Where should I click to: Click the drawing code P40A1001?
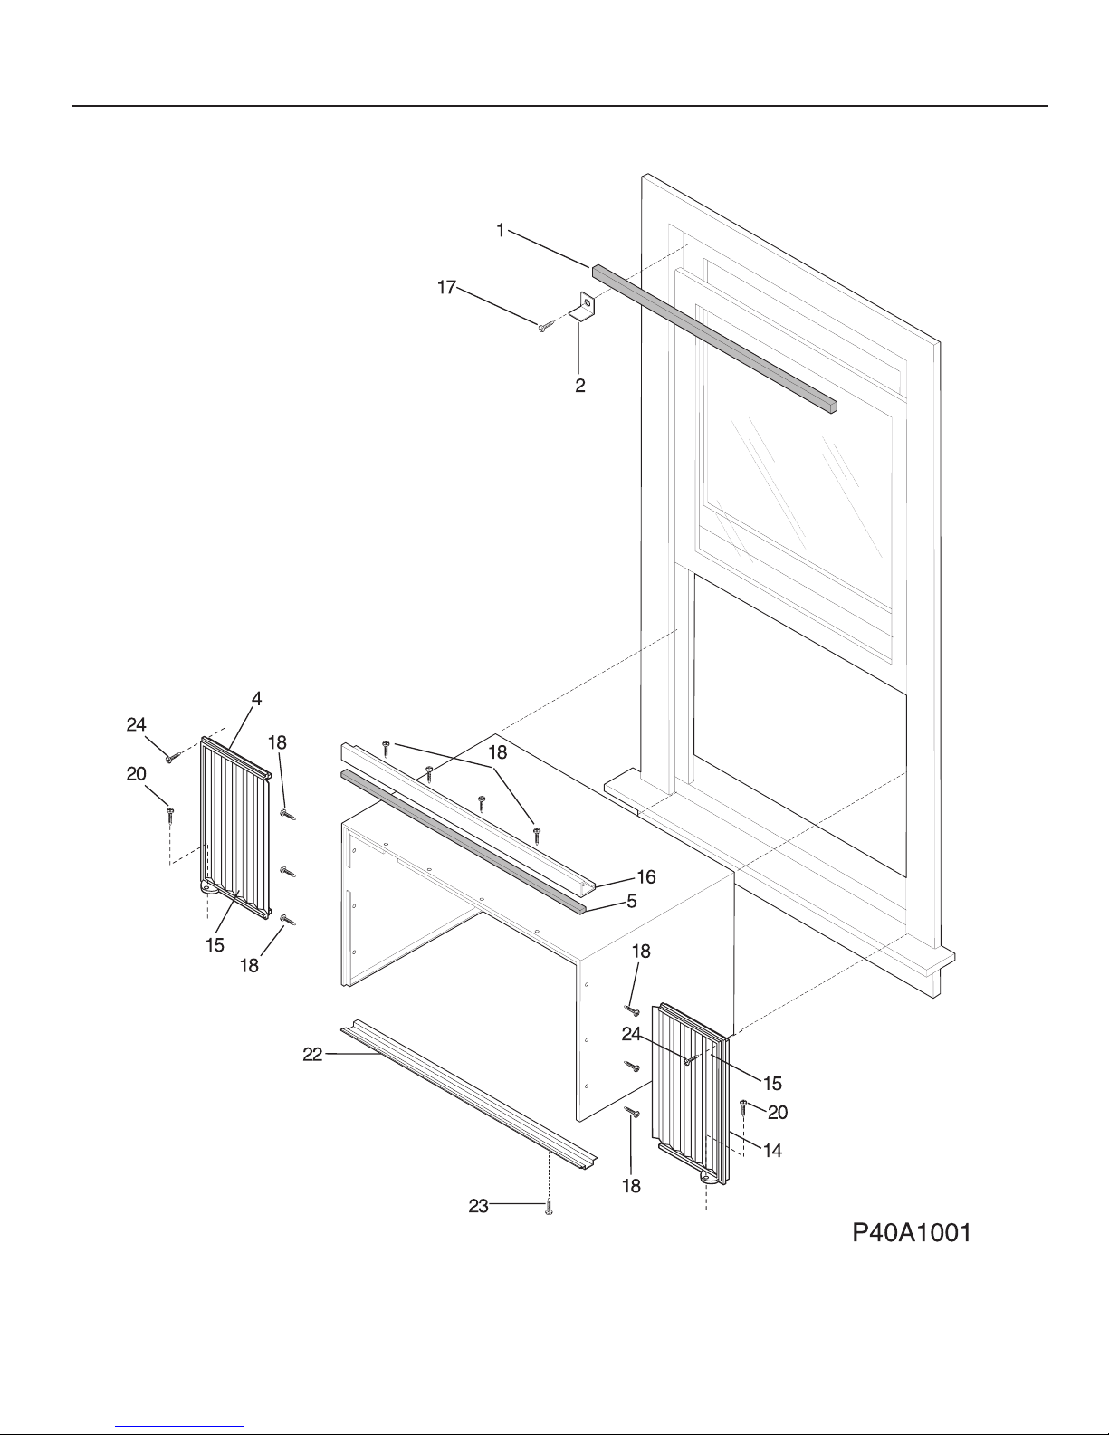[x=912, y=1233]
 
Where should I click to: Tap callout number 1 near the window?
[x=501, y=231]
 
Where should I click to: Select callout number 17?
[x=447, y=287]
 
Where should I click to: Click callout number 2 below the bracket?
[x=579, y=386]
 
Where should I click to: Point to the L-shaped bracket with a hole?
[x=584, y=307]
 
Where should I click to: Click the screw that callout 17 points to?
[x=544, y=326]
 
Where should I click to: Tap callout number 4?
[x=257, y=699]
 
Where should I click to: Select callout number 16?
[x=645, y=877]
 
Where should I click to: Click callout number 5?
[x=632, y=902]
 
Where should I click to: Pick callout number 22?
[x=312, y=1056]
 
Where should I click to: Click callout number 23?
[x=479, y=1207]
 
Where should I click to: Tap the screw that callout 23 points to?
[x=549, y=1207]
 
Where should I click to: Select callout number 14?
[x=772, y=1151]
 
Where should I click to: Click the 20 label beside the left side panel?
[x=136, y=774]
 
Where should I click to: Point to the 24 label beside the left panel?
[x=136, y=725]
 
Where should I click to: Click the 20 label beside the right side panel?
[x=778, y=1113]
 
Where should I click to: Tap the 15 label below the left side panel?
[x=215, y=946]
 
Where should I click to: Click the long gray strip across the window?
[x=714, y=339]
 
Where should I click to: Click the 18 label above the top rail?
[x=497, y=752]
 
